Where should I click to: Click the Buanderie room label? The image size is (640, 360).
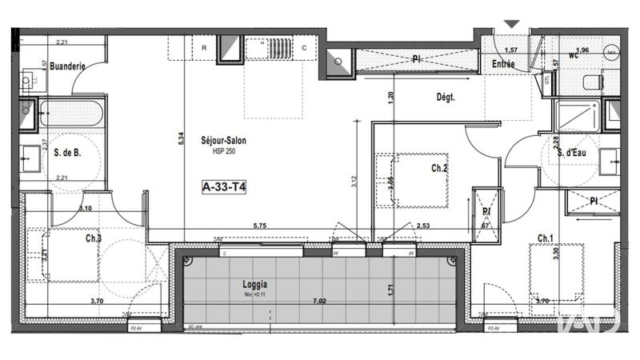(67, 67)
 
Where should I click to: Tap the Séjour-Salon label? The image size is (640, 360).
(223, 141)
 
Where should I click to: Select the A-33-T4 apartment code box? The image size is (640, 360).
(223, 187)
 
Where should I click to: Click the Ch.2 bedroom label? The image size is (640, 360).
(439, 169)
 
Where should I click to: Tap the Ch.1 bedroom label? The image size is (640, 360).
(546, 238)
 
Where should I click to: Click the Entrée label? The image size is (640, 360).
(503, 65)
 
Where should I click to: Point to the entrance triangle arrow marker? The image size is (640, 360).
(510, 25)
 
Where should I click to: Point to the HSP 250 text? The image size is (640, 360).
(223, 152)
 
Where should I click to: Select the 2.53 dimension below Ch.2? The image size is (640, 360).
(424, 226)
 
